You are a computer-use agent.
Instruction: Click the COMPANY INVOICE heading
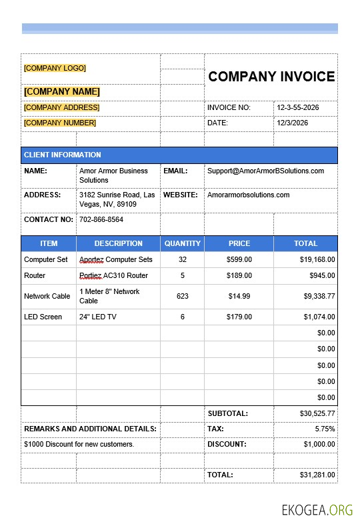[x=271, y=77]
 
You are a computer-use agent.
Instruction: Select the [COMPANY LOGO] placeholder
[x=55, y=68]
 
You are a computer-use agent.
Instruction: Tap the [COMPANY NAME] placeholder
[x=61, y=91]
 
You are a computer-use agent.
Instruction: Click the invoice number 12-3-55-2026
[x=297, y=107]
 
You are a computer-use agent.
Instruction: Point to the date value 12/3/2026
[x=293, y=123]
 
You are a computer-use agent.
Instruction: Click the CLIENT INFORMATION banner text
[x=63, y=155]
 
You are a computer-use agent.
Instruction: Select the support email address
[x=265, y=171]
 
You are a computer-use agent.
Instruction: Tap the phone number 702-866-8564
[x=101, y=219]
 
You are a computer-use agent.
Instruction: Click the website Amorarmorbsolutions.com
[x=248, y=195]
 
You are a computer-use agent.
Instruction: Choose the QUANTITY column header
[x=183, y=243]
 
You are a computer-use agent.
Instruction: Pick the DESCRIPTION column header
[x=119, y=243]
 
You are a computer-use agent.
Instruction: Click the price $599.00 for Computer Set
[x=239, y=259]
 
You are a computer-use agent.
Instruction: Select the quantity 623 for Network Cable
[x=183, y=296]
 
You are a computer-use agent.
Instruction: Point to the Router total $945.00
[x=322, y=275]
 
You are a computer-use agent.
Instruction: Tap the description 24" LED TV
[x=98, y=317]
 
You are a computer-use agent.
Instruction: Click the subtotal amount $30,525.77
[x=317, y=413]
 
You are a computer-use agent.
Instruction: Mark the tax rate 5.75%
[x=325, y=429]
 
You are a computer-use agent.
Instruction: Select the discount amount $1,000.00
[x=319, y=444]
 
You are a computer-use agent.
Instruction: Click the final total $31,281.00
[x=317, y=475]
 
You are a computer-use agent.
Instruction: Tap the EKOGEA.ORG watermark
[x=317, y=511]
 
